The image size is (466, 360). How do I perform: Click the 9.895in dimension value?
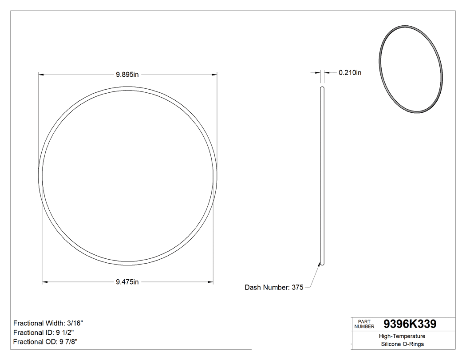pyautogui.click(x=127, y=75)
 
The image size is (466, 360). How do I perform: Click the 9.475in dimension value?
pyautogui.click(x=127, y=282)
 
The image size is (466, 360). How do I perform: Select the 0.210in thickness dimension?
pyautogui.click(x=350, y=73)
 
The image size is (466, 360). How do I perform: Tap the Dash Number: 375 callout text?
pyautogui.click(x=274, y=288)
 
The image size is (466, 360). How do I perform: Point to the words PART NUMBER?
pyautogui.click(x=364, y=324)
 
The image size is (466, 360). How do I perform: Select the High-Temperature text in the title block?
pyautogui.click(x=403, y=336)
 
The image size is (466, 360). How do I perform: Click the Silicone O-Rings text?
pyautogui.click(x=403, y=344)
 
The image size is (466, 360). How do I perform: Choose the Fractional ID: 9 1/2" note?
pyautogui.click(x=47, y=332)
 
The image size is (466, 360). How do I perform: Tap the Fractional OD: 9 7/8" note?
pyautogui.click(x=47, y=342)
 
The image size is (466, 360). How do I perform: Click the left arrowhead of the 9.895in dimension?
pyautogui.click(x=41, y=75)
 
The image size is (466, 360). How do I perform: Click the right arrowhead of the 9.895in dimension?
pyautogui.click(x=215, y=75)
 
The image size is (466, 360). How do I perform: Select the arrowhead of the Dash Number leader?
pyautogui.click(x=319, y=263)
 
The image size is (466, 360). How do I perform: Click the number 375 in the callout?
pyautogui.click(x=297, y=288)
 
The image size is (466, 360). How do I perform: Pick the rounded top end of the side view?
pyautogui.click(x=322, y=89)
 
